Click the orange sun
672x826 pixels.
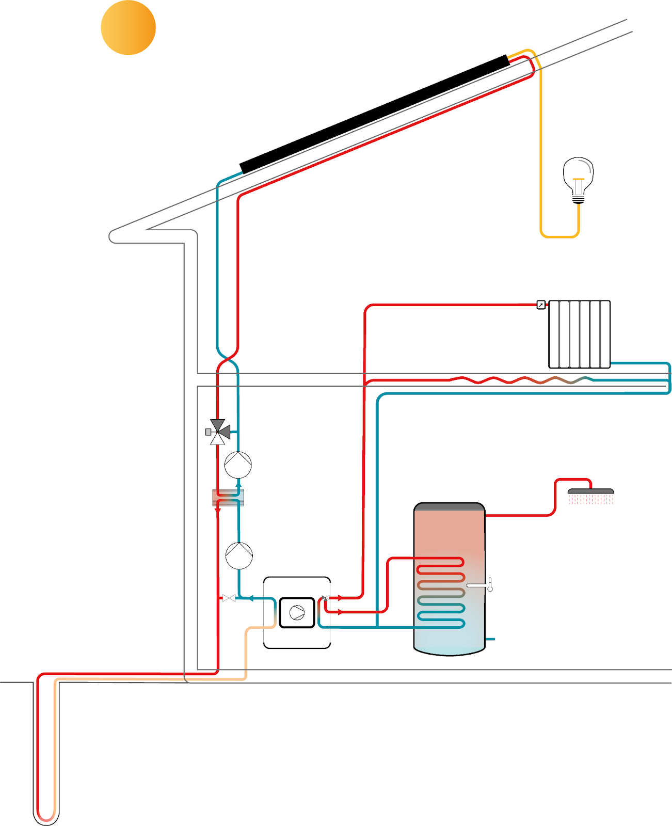(x=128, y=28)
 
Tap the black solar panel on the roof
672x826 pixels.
(x=374, y=115)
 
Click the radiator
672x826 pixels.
(x=579, y=334)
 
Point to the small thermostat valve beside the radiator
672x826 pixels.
(x=540, y=305)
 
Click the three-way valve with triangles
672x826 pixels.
(x=218, y=432)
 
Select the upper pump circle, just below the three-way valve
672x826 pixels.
(x=238, y=465)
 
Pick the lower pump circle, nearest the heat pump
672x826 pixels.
(x=239, y=555)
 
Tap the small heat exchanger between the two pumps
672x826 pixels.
(x=228, y=498)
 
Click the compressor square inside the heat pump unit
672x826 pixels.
(x=297, y=613)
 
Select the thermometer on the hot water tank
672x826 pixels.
(x=489, y=585)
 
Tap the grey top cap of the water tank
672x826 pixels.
(x=449, y=507)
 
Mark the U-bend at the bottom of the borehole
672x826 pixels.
(x=46, y=818)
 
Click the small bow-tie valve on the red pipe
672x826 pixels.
(x=228, y=598)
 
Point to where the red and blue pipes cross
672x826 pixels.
(x=228, y=357)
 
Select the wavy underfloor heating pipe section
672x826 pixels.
(x=521, y=380)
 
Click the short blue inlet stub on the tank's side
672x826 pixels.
(x=490, y=639)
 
